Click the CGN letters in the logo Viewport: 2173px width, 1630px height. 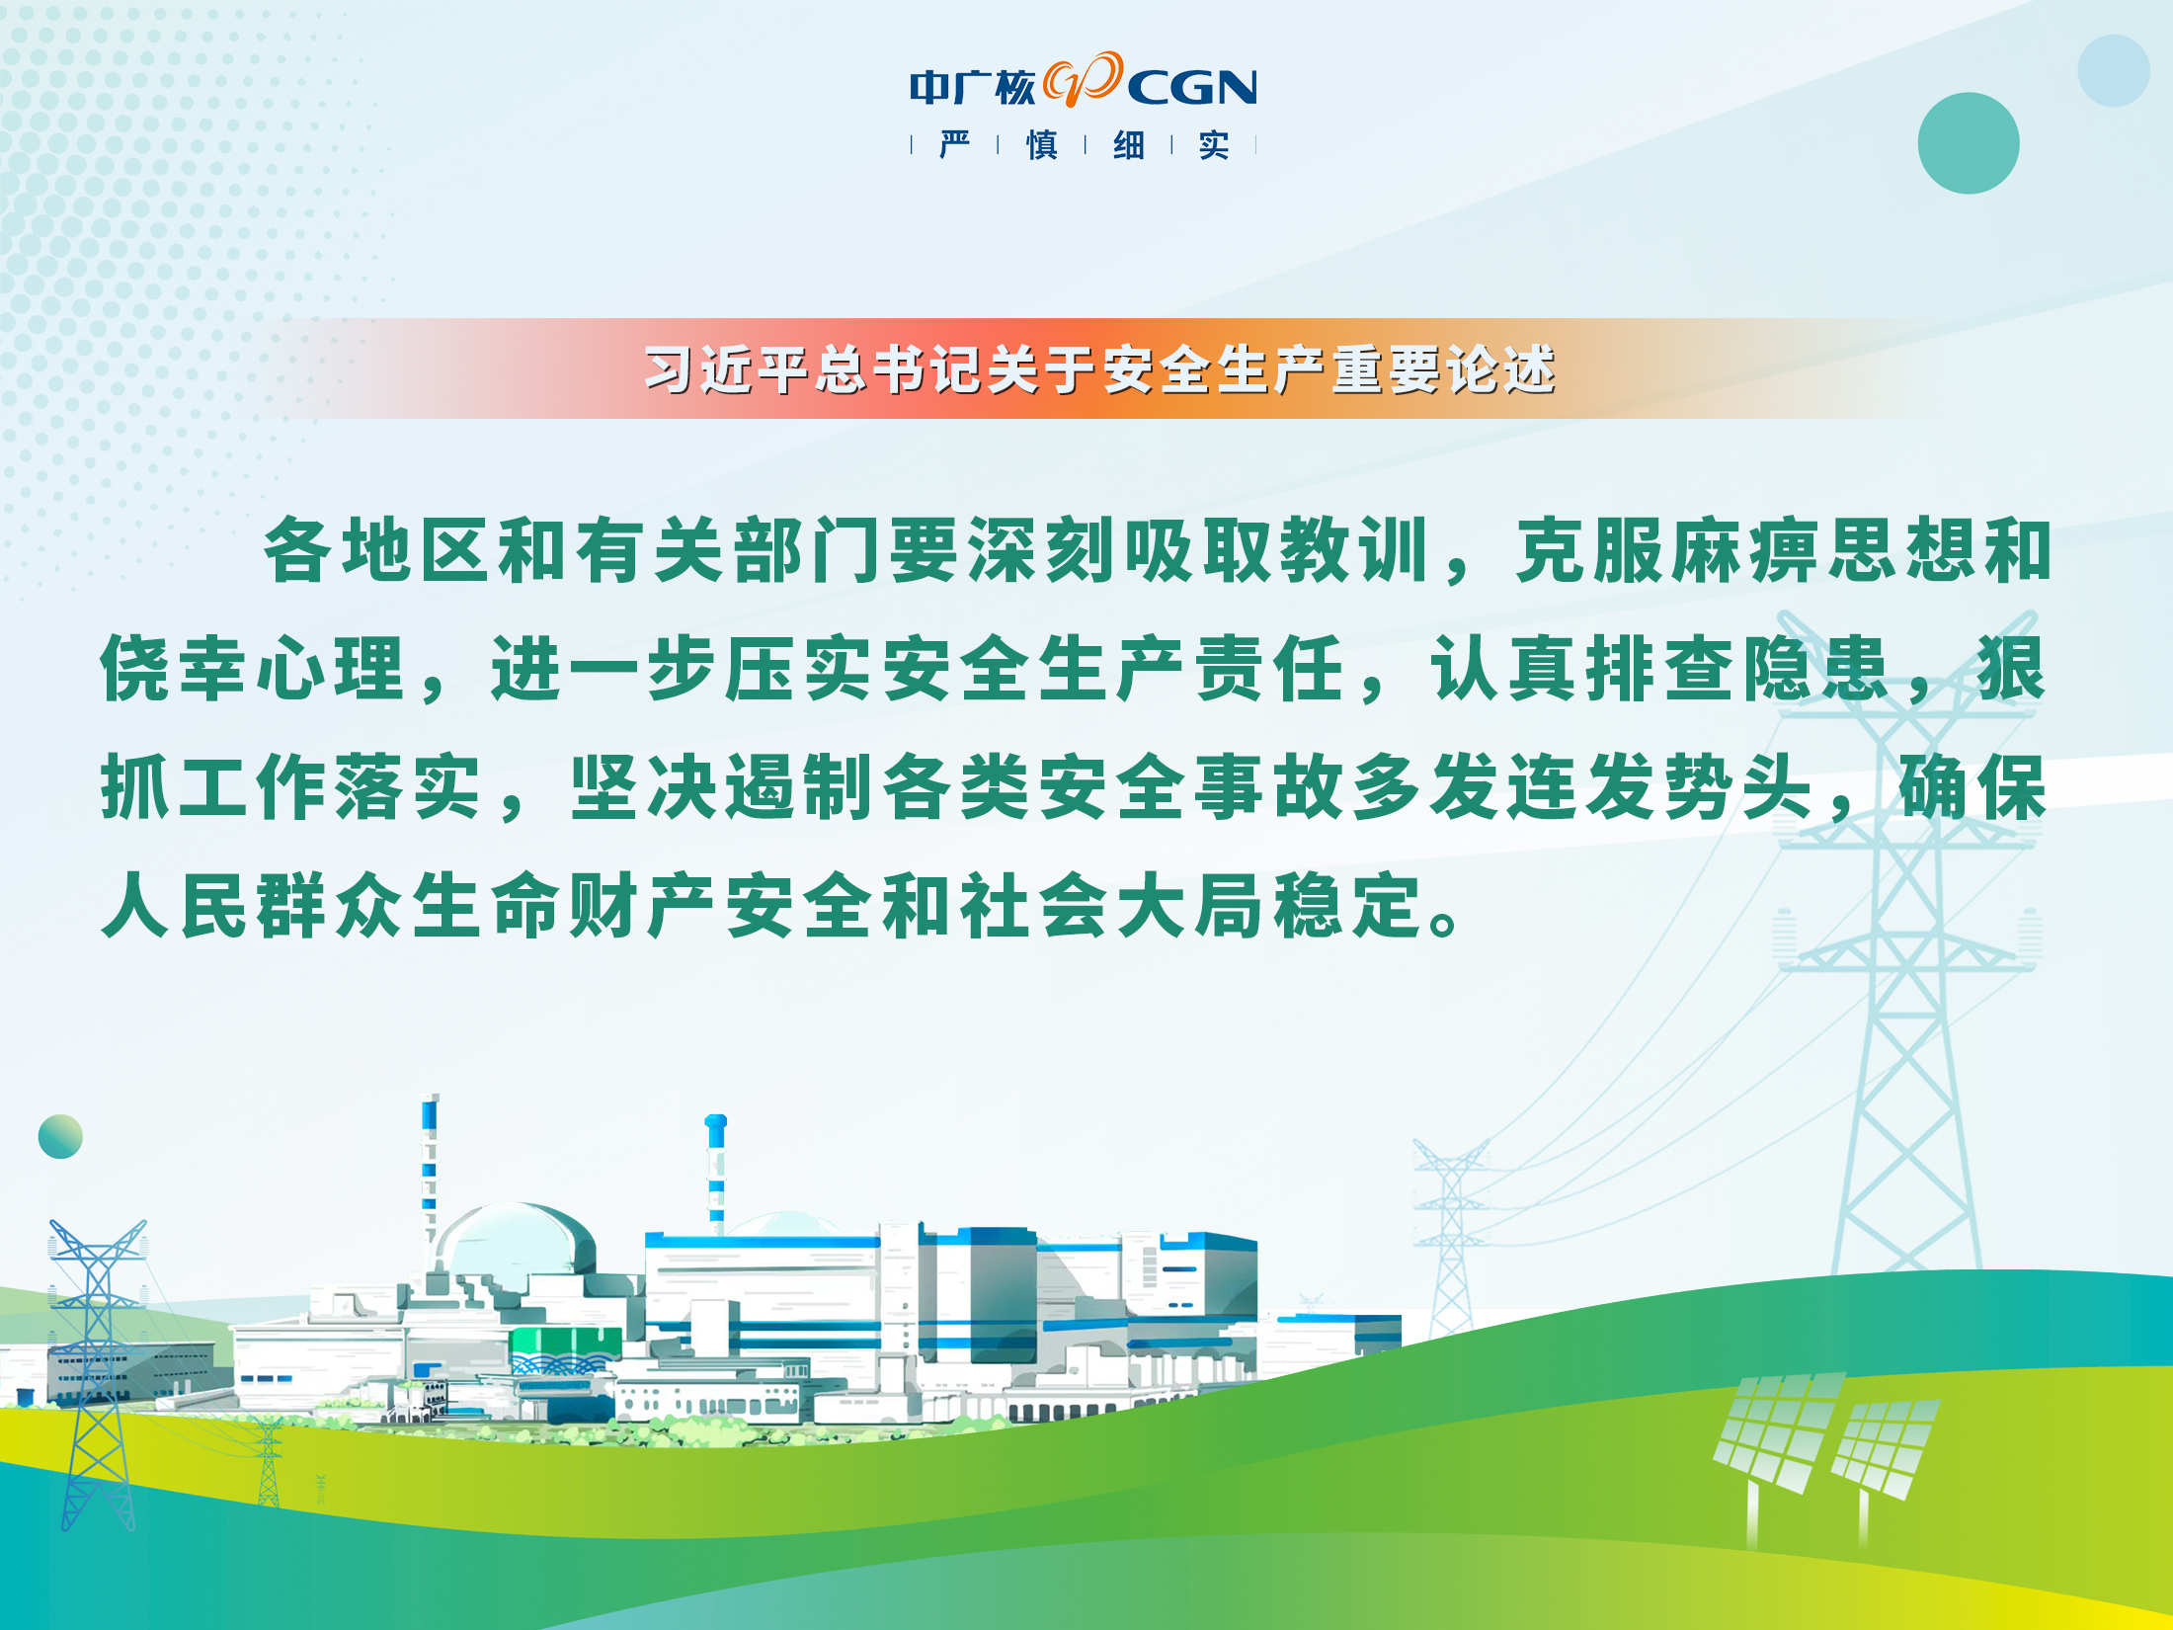click(1192, 88)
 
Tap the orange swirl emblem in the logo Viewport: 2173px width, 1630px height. click(1084, 79)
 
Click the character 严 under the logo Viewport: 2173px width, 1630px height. click(954, 145)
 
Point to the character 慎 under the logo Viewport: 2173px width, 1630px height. click(1041, 145)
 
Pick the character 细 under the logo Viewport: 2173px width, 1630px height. click(1128, 145)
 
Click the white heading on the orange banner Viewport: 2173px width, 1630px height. click(1100, 369)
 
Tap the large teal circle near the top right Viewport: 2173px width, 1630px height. click(1969, 143)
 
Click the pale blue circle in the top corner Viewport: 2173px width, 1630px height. click(2114, 70)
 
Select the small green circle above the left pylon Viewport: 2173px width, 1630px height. click(60, 1136)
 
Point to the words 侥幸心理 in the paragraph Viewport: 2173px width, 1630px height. click(254, 669)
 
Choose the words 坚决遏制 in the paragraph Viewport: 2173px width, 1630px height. click(724, 787)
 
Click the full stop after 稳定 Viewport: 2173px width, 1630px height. click(1444, 924)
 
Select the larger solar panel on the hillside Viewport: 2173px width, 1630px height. click(1779, 1432)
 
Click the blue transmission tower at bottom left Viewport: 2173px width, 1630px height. click(97, 1373)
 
